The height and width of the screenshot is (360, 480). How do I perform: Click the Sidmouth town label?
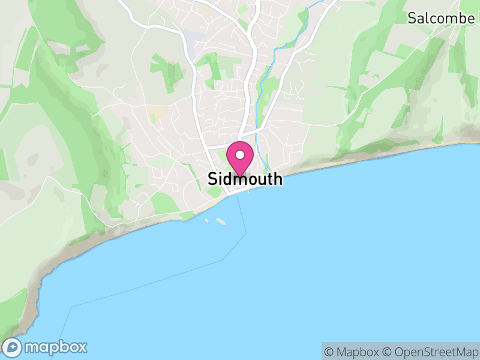(x=245, y=179)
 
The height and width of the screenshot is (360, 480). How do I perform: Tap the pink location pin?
(x=240, y=159)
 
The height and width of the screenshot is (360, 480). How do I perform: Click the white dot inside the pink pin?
(x=240, y=155)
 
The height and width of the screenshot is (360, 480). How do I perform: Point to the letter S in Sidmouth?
(x=212, y=179)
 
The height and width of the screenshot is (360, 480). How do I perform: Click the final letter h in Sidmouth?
(x=277, y=179)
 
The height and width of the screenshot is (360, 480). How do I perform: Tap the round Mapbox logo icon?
(x=13, y=347)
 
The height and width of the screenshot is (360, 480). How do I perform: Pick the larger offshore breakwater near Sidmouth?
(x=221, y=223)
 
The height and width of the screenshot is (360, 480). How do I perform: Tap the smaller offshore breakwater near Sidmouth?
(x=207, y=220)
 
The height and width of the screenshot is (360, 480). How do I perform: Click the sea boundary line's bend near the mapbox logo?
(x=71, y=307)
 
